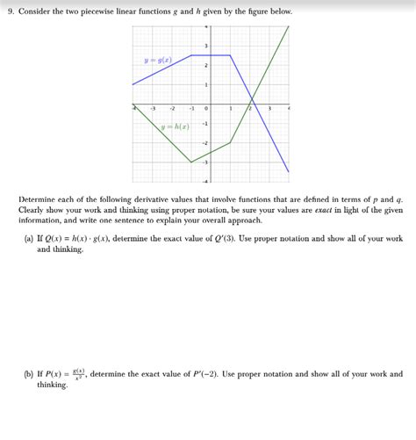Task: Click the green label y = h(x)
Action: point(175,126)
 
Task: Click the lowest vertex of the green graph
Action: point(191,162)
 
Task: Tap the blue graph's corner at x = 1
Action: point(230,55)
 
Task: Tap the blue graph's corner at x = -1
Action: point(191,55)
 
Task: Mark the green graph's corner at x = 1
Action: point(230,142)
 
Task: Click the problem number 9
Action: point(10,12)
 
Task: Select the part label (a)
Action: point(30,239)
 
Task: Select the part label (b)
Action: point(30,374)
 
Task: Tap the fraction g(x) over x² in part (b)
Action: point(78,374)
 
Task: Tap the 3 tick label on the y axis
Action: point(206,47)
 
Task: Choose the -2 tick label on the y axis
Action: point(204,143)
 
